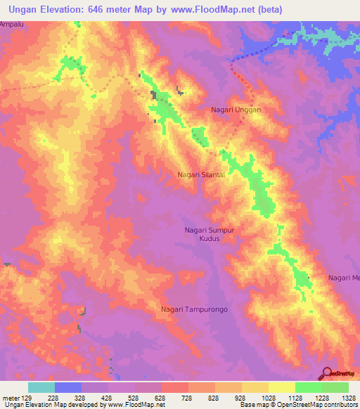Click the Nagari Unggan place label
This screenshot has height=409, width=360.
(236, 110)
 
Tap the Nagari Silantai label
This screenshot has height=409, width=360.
(201, 175)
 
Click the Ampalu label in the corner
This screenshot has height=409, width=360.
(12, 24)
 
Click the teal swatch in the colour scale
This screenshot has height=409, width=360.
(41, 387)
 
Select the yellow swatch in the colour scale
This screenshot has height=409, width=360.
(282, 387)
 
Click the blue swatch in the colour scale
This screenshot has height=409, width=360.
(68, 387)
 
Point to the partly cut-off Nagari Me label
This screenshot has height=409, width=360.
(344, 278)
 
